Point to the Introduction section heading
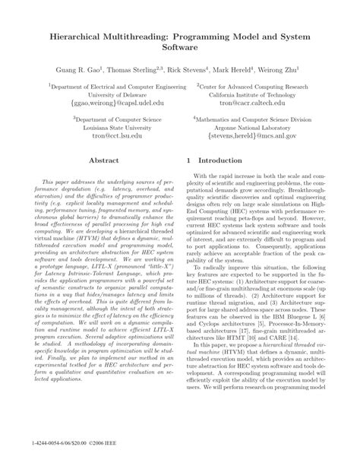pos(224,161)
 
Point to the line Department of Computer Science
pos(102,118)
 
